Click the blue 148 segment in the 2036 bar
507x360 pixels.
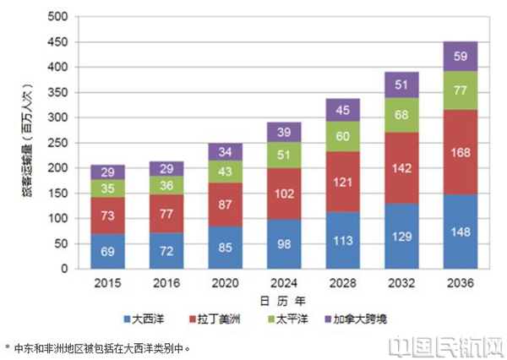[x=461, y=232]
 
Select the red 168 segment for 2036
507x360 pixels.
[x=461, y=152]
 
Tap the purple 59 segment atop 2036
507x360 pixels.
[x=461, y=57]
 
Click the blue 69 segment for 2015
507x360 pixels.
[x=107, y=252]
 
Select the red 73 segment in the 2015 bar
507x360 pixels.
[x=107, y=216]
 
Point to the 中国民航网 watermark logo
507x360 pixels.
[x=447, y=345]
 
